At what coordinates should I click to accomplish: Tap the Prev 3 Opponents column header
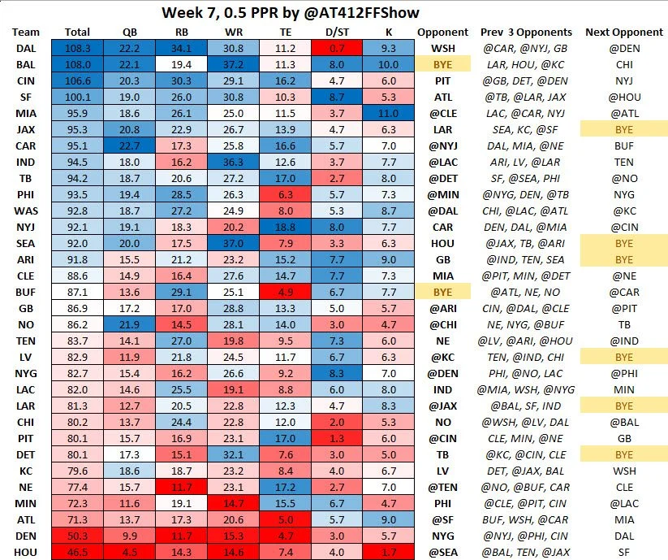[526, 33]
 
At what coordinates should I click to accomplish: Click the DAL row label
[24, 50]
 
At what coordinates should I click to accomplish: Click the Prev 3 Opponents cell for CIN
[526, 81]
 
